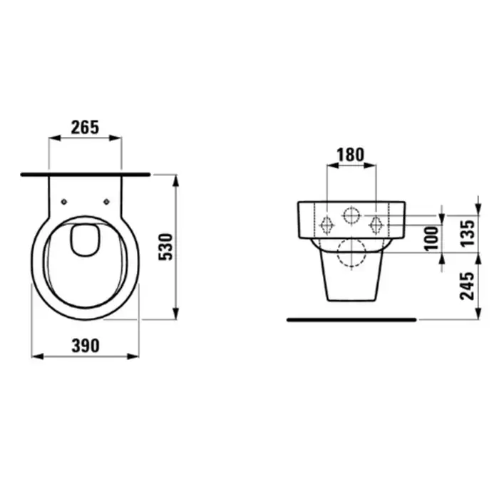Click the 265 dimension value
tap(85, 128)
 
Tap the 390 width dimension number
tap(86, 346)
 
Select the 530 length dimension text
tap(166, 247)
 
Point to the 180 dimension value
tap(351, 155)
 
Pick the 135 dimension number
tap(468, 233)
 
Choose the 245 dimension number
tap(467, 286)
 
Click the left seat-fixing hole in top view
tap(64, 202)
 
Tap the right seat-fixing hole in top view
tap(107, 202)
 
